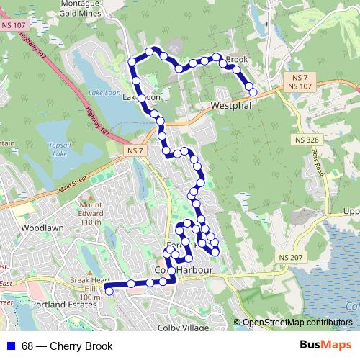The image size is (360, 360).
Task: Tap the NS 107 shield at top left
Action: pyautogui.click(x=12, y=26)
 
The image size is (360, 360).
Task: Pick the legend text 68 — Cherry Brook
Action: pyautogui.click(x=67, y=346)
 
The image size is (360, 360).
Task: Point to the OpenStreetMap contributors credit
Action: pyautogui.click(x=297, y=323)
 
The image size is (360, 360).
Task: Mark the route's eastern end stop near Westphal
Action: pyautogui.click(x=253, y=91)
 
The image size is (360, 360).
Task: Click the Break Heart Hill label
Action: pyautogui.click(x=90, y=284)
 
